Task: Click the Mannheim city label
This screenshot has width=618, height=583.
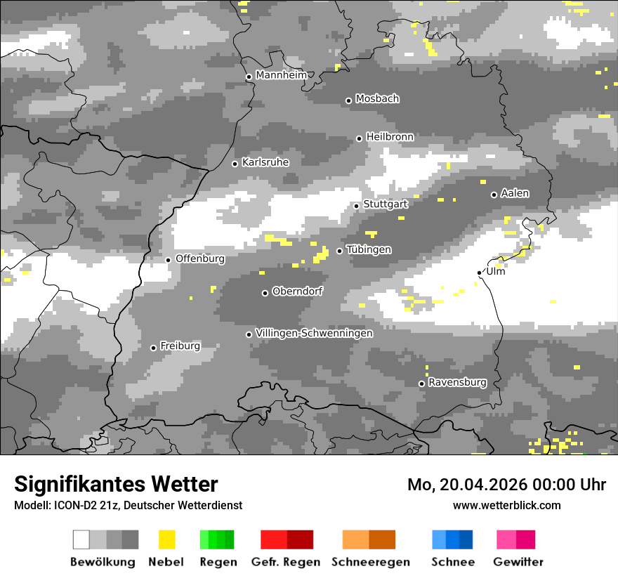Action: pos(282,75)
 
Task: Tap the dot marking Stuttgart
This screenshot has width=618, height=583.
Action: pos(357,206)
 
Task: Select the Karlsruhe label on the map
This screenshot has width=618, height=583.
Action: pos(265,162)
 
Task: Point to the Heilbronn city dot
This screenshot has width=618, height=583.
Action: pos(360,138)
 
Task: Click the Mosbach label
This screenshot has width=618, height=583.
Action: pos(377,99)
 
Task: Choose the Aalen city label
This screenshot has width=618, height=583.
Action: pos(515,193)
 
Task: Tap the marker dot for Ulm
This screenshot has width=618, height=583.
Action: pos(479,273)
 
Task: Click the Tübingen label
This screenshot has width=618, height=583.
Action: pos(369,250)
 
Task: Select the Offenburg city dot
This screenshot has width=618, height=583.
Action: pos(169,260)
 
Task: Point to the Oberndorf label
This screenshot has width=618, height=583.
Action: pos(297,291)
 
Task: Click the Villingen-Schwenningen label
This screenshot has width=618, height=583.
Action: pos(314,333)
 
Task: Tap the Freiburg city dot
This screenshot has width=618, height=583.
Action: pos(153,348)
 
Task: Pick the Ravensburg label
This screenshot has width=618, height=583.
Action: pos(457,383)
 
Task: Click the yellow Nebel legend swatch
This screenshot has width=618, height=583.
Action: pos(167,539)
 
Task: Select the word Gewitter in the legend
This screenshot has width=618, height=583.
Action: pos(518,562)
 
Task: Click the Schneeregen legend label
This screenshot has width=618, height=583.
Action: pos(371,562)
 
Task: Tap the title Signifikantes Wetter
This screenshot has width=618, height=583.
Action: pos(116,484)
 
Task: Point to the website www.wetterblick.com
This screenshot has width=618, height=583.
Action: pos(506,505)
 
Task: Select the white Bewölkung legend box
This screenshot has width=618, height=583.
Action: pos(81,539)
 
